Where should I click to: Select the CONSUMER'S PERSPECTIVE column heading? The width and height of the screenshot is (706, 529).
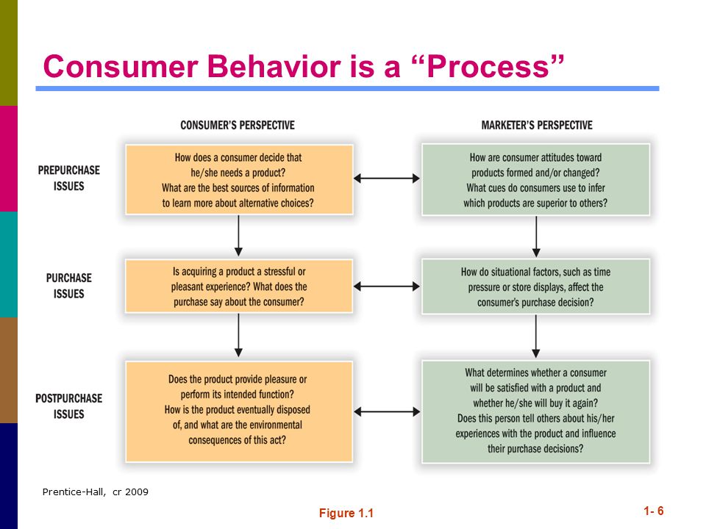click(238, 125)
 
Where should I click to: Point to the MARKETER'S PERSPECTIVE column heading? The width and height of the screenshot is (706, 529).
click(537, 125)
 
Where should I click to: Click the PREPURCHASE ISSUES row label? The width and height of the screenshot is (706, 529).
click(69, 178)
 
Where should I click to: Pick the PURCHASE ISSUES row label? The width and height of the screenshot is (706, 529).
click(69, 286)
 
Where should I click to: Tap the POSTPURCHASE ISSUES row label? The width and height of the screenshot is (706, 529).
click(69, 406)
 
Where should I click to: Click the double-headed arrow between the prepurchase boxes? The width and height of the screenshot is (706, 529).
click(387, 179)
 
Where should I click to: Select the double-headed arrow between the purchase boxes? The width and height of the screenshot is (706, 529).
click(387, 287)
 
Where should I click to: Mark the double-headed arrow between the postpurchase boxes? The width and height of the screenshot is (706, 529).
click(387, 411)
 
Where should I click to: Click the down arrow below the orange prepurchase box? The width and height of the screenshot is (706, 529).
click(238, 236)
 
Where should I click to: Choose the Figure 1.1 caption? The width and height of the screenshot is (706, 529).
click(346, 514)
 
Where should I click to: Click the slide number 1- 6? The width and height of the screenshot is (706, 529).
click(653, 511)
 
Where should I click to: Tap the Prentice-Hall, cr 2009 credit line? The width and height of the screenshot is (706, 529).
click(95, 492)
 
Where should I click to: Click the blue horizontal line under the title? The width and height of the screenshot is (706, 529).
click(347, 89)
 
